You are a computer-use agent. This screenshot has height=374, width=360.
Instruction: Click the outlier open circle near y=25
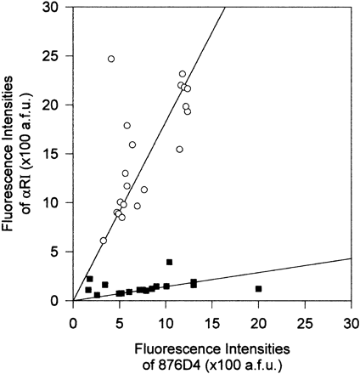coord(111,59)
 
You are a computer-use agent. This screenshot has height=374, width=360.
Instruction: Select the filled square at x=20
coord(258,289)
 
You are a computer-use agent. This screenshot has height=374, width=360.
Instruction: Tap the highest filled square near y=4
coord(169,262)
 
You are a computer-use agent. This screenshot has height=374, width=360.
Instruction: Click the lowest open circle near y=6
coord(104,241)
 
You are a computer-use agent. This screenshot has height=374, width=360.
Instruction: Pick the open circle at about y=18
coord(127,125)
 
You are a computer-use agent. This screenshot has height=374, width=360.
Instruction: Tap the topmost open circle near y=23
coord(183,74)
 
